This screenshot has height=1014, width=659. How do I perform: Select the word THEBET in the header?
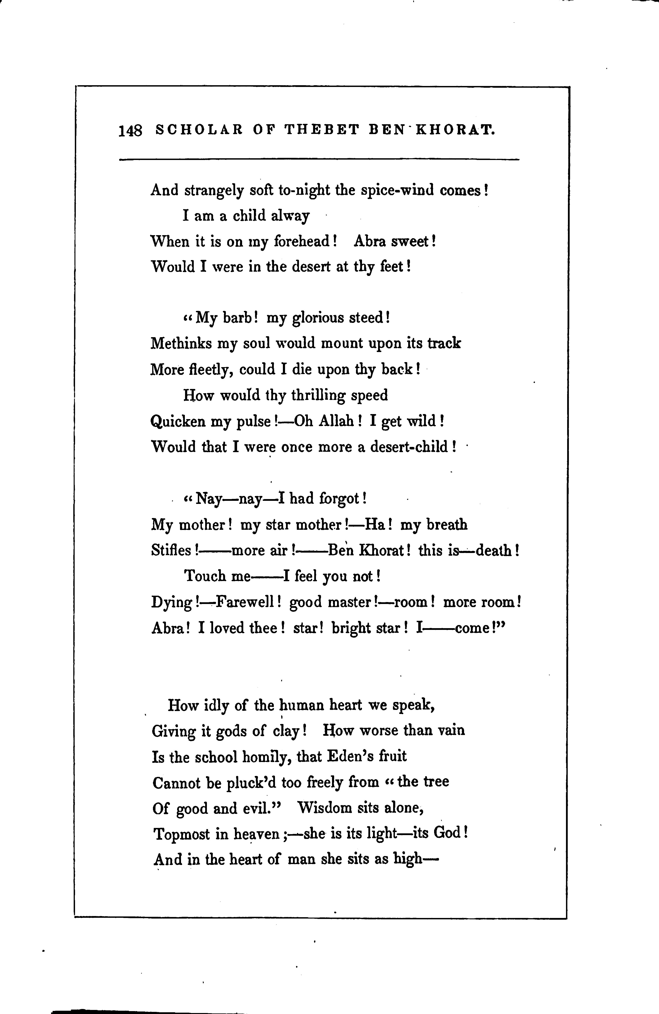(x=322, y=129)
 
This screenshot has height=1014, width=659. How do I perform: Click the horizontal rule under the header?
(x=319, y=160)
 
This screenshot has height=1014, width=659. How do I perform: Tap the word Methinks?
(x=181, y=343)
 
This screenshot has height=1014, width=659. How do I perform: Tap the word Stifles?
(x=172, y=550)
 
